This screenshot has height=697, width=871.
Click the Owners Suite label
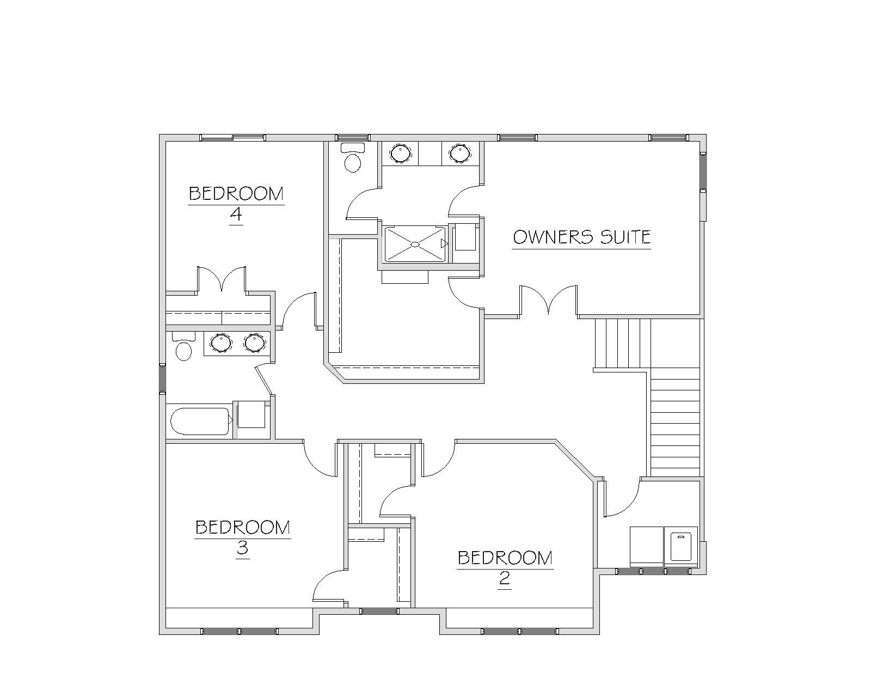pos(581,237)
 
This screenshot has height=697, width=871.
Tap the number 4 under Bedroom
pos(236,214)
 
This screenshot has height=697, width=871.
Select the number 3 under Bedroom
pos(242,548)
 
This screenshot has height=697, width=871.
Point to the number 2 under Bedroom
pos(504,578)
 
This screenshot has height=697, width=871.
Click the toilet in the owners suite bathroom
pos(353,157)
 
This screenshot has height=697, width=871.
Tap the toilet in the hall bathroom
pos(183,346)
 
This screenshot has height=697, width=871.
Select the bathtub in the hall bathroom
pos(200,421)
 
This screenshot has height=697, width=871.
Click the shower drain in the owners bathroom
pos(415,244)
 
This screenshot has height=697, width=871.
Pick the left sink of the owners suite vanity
pos(400,153)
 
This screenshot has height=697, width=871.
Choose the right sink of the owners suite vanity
pos(459,153)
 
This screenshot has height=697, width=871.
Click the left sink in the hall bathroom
pos(222,343)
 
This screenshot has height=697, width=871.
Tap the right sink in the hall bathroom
pos(255,343)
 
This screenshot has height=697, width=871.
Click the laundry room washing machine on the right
pos(681,547)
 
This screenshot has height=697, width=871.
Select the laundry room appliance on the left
pos(647,547)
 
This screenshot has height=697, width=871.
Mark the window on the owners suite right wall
pos(703,172)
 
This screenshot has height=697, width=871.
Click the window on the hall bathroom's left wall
pos(162,378)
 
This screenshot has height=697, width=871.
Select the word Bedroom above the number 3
pos(242,527)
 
